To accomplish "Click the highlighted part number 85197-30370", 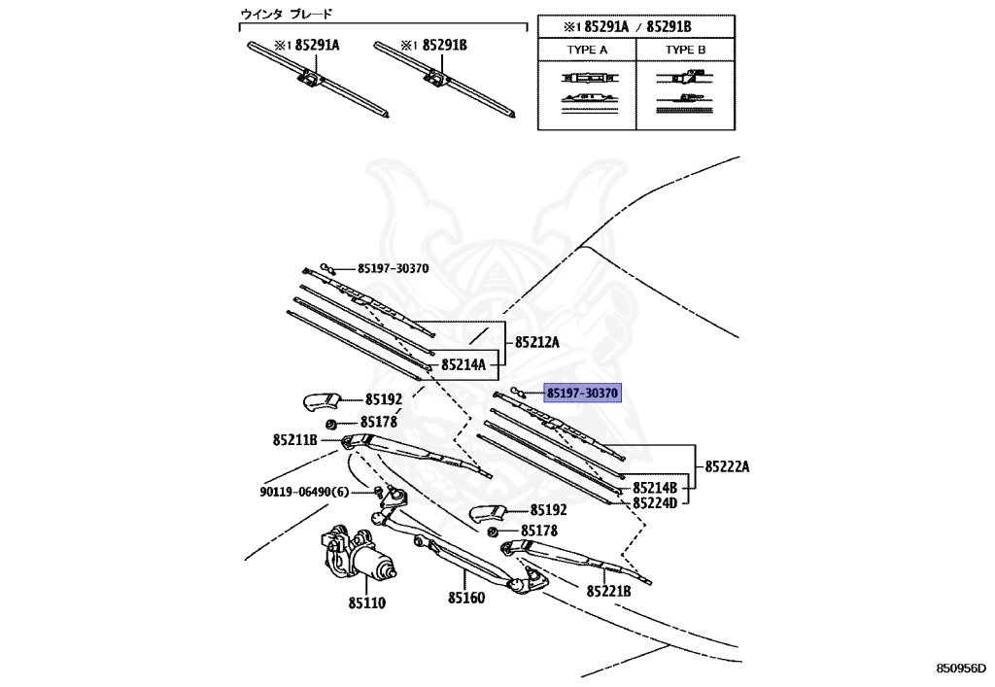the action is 582,394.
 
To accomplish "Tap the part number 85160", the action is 466,598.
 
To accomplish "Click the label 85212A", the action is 536,343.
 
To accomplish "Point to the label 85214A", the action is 463,364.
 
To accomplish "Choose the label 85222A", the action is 727,466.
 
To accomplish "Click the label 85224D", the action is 655,503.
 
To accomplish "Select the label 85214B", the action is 655,488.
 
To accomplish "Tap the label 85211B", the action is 295,439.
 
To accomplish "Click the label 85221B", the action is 608,591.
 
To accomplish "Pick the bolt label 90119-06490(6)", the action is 304,493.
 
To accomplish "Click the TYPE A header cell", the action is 587,50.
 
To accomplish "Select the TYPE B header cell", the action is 685,50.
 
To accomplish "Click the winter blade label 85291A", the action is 318,45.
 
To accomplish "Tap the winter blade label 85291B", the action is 445,45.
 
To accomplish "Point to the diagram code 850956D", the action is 962,668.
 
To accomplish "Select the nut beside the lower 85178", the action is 493,532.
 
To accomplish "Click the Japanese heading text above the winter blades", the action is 287,14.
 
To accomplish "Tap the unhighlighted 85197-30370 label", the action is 393,268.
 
